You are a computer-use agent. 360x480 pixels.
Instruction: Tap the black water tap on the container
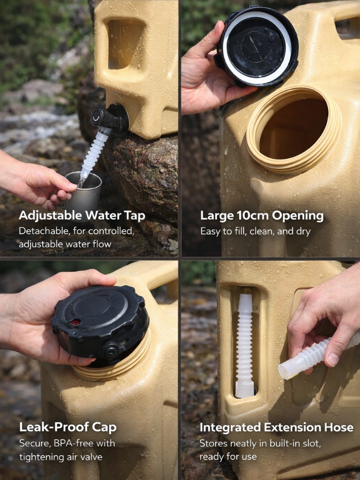point(109,118)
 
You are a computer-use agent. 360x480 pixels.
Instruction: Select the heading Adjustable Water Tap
point(81,216)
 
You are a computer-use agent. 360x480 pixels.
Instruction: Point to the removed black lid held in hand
point(257,46)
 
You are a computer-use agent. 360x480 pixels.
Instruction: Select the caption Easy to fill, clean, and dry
point(255,231)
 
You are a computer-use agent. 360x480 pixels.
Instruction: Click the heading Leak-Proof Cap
point(67,427)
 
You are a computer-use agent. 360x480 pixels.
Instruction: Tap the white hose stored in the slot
point(244,346)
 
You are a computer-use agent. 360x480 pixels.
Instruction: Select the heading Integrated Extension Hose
point(276,427)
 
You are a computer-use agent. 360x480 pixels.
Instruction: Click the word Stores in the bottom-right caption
point(213,443)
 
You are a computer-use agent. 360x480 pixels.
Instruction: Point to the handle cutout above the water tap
point(125,44)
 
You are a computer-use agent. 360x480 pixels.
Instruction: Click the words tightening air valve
point(60,457)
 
